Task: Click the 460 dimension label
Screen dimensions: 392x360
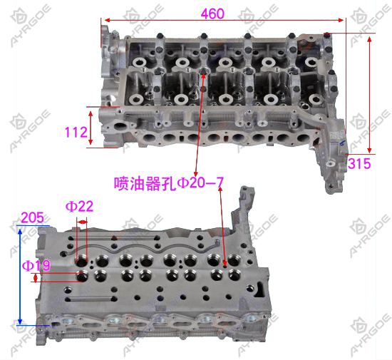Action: [x=212, y=14]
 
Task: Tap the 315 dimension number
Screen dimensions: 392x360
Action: [x=359, y=164]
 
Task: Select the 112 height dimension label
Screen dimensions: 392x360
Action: [x=76, y=132]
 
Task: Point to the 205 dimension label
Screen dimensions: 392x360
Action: [x=33, y=217]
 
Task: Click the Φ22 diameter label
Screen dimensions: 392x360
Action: [x=80, y=207]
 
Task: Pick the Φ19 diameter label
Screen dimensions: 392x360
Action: [x=36, y=265]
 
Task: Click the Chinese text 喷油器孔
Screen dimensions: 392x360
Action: [x=145, y=183]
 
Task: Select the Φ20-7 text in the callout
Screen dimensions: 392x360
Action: [x=200, y=183]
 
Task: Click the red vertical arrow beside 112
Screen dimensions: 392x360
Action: [x=91, y=128]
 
